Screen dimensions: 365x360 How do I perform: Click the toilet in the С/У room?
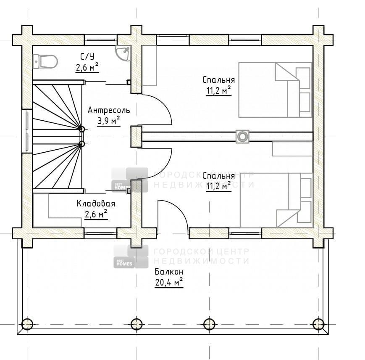[45, 62]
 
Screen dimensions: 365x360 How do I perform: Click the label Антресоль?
[109, 110]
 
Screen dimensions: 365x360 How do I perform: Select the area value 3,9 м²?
[109, 121]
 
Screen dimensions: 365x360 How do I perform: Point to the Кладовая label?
[96, 204]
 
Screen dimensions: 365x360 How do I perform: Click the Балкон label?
[169, 272]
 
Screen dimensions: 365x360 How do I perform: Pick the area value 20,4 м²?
[169, 283]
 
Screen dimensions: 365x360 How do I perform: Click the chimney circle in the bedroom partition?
[242, 136]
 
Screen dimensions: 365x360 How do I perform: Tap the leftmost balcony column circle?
[27, 324]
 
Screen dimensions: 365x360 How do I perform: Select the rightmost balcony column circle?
[318, 324]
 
